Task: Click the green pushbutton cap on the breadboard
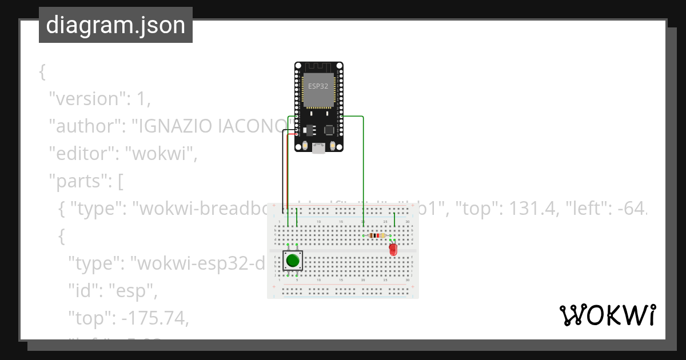point(293,261)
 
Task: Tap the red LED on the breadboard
point(393,249)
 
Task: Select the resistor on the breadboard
point(376,235)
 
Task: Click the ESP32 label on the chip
point(318,86)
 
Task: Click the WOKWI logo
point(607,315)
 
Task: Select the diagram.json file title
point(115,25)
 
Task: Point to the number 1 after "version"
point(141,98)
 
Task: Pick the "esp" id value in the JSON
point(137,292)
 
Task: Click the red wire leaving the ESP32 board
point(288,171)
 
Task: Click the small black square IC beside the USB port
point(329,130)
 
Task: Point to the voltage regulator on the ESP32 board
point(310,130)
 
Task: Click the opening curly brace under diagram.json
point(42,71)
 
